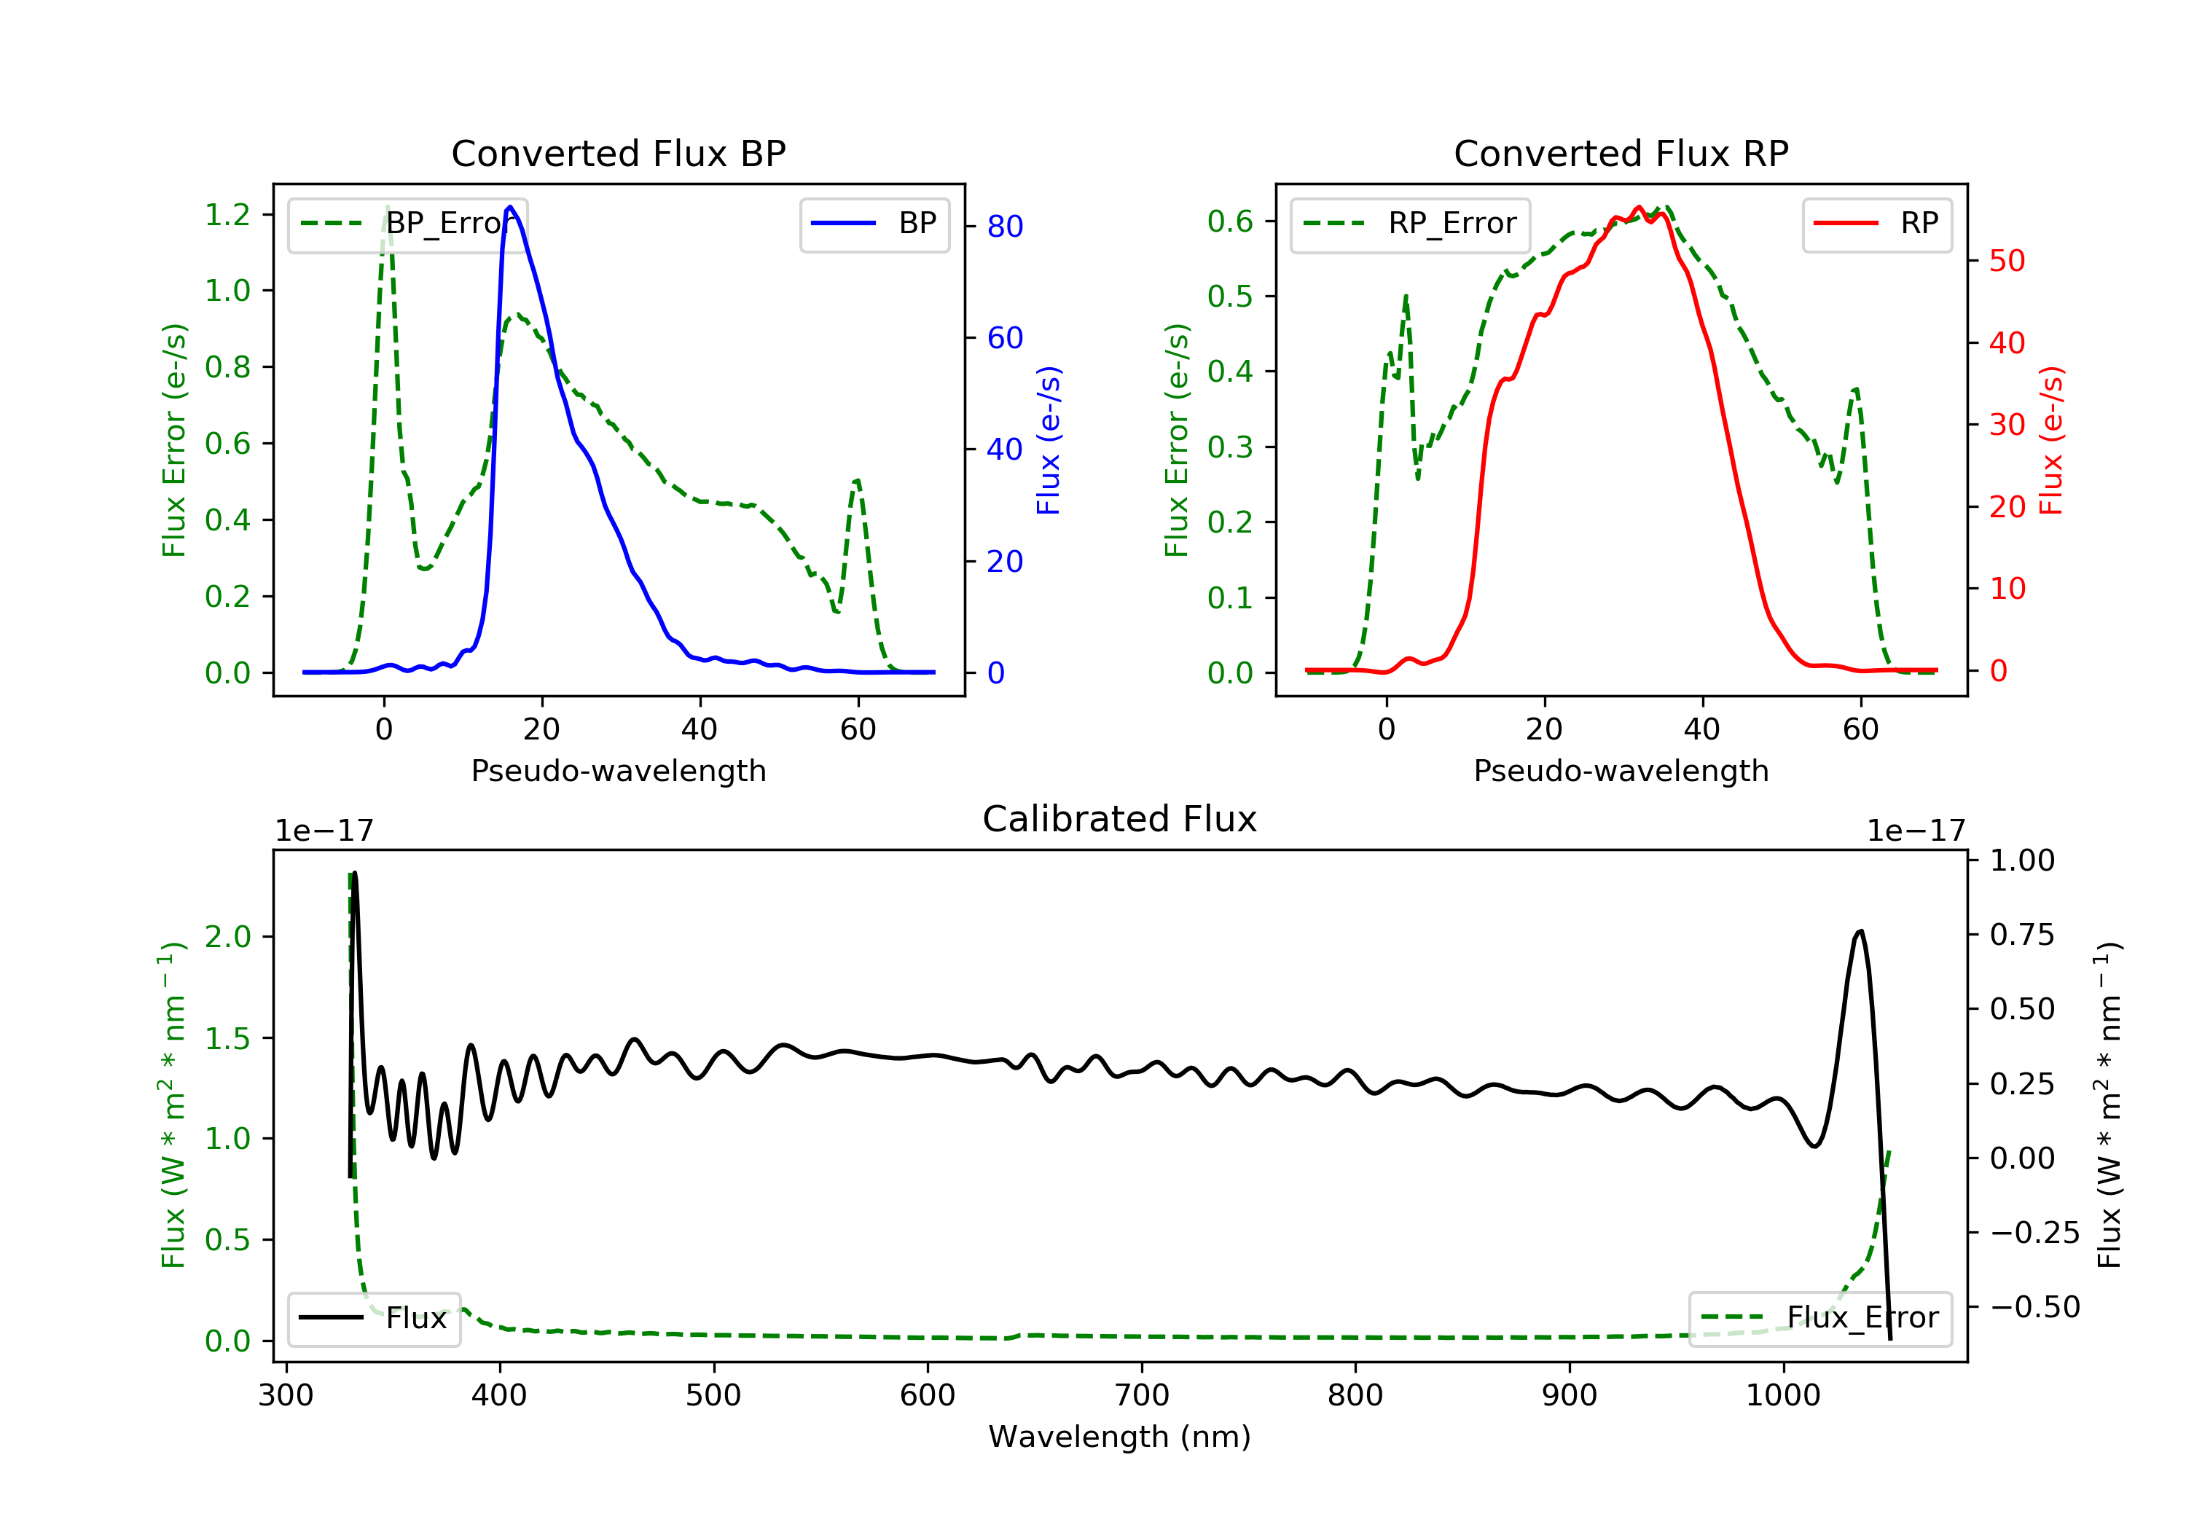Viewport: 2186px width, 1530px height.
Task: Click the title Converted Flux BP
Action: tap(618, 153)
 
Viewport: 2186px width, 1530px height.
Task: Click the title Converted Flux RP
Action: tap(1621, 153)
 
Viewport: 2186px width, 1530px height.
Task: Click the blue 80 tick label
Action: tap(1004, 227)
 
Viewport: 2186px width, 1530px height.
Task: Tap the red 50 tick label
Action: tap(2007, 261)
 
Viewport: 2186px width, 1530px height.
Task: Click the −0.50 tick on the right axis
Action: tap(2034, 1307)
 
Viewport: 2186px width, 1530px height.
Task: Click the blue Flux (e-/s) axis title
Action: tap(1049, 440)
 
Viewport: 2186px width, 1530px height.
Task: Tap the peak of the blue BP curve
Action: tap(510, 207)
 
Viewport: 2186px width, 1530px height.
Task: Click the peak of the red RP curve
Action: tap(1637, 208)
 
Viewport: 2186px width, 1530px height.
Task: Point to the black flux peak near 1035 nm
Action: tap(1860, 931)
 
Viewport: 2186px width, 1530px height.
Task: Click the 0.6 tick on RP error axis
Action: tap(1230, 221)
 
